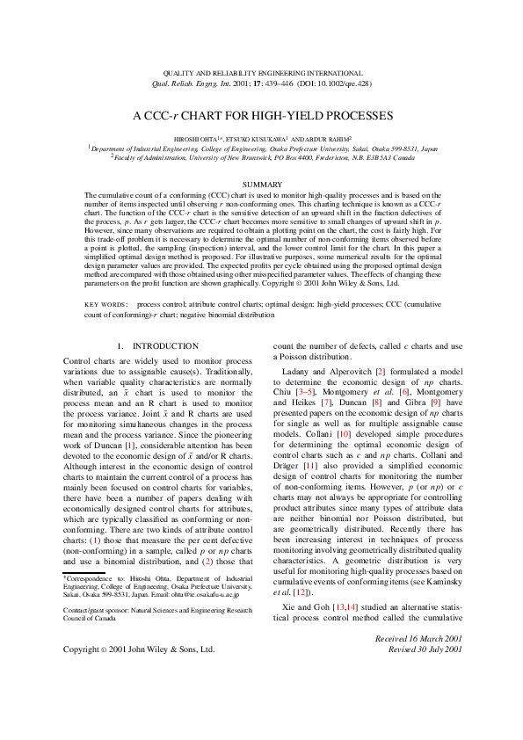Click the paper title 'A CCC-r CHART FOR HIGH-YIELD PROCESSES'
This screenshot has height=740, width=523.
(x=261, y=115)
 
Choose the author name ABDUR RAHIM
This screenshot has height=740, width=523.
(x=323, y=139)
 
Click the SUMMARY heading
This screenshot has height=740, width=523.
(x=261, y=184)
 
